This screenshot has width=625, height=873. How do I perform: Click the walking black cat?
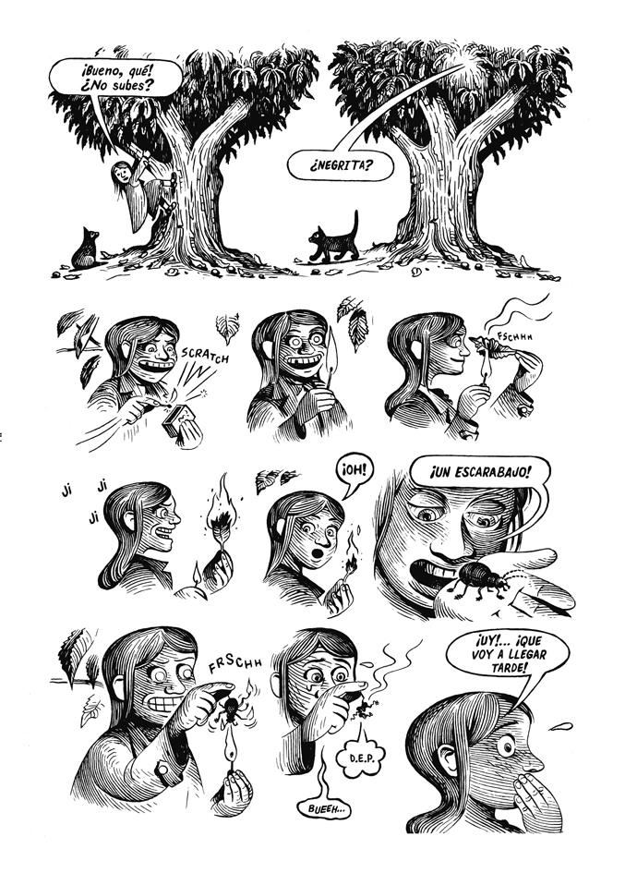point(335,240)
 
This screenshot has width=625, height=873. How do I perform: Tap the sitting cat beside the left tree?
point(86,249)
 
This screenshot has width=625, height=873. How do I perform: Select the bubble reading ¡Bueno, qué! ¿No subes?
point(115,79)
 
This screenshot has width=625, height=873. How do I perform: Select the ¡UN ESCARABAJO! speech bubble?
point(480,473)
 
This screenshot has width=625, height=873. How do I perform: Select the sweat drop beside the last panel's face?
point(561,726)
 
